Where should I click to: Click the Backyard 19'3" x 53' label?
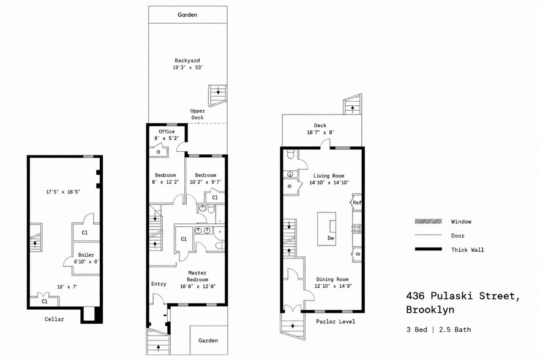pyautogui.click(x=187, y=64)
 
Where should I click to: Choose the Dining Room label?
pyautogui.click(x=332, y=282)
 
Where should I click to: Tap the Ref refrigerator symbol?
pyautogui.click(x=356, y=203)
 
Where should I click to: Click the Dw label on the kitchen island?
pyautogui.click(x=331, y=238)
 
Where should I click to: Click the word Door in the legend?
pyautogui.click(x=457, y=236)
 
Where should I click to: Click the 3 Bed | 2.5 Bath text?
pyautogui.click(x=438, y=329)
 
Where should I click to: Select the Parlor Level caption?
pyautogui.click(x=336, y=321)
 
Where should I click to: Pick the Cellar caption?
pyautogui.click(x=54, y=319)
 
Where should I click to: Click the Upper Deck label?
pyautogui.click(x=197, y=114)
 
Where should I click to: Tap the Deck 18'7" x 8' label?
pyautogui.click(x=320, y=129)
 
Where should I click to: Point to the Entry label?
pyautogui.click(x=159, y=283)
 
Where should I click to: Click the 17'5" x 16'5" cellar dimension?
pyautogui.click(x=63, y=192)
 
